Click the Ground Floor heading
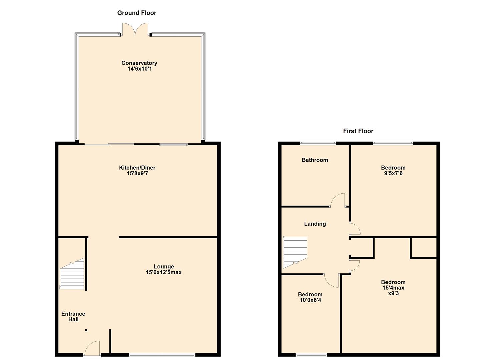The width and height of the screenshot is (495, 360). pos(137,13)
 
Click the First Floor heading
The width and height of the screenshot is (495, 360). pos(358,131)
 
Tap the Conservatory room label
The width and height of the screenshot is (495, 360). pos(139,63)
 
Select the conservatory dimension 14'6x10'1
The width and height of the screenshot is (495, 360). pos(139,69)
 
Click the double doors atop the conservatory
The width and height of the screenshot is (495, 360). pos(135,29)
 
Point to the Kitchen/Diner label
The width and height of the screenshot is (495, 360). pos(137,168)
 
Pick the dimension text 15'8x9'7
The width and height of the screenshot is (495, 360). pos(137,173)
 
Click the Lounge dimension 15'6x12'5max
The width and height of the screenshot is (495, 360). pos(164,272)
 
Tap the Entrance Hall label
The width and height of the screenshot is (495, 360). pos(73,316)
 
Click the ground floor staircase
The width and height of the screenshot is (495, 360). pos(72,274)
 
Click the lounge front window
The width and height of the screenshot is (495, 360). pos(162,355)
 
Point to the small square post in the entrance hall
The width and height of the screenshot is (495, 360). pos(86,330)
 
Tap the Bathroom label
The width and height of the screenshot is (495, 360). pos(315,160)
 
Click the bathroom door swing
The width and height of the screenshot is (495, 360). pos(338,200)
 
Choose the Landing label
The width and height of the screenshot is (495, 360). pos(315,224)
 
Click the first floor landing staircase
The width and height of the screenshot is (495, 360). pos(295,252)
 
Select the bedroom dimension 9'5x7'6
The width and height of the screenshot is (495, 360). pos(393,173)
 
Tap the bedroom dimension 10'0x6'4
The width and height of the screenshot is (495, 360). pos(310,300)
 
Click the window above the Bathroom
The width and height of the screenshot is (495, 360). pos(318,143)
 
